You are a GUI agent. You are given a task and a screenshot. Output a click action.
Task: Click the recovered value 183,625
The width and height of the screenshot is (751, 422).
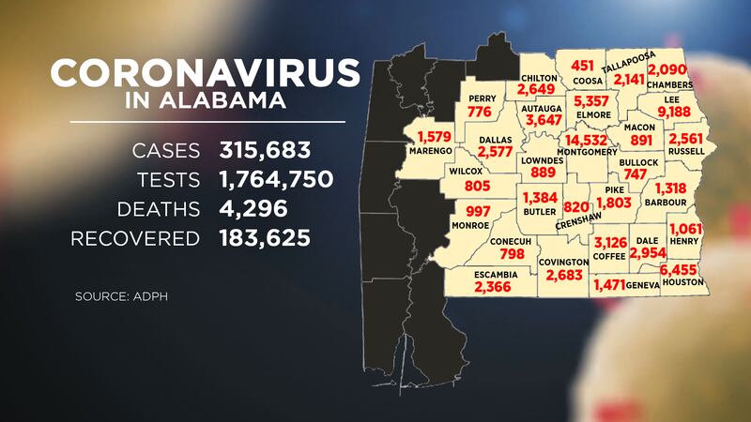coord(265,238)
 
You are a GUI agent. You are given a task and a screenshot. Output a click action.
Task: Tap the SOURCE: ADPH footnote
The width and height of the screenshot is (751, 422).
coord(115,298)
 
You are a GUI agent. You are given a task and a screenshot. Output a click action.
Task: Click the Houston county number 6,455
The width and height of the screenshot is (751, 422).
coord(683,267)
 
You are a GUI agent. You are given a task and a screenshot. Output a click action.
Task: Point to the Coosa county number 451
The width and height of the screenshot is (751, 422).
coord(584,65)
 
